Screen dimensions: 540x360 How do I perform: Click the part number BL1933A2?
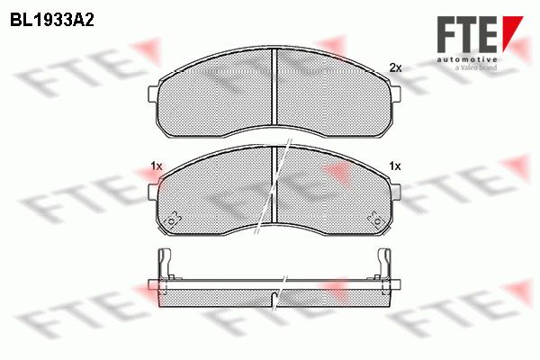51,21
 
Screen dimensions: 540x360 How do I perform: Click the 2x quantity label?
395,67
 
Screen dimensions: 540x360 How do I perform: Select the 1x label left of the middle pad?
156,166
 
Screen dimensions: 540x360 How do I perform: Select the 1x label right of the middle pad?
395,166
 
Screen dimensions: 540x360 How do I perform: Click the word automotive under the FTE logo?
467,59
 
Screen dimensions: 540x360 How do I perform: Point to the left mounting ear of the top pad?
153,94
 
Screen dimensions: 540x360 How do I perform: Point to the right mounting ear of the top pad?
396,94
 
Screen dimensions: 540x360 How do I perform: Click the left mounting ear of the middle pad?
153,192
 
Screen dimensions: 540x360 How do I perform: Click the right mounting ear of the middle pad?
396,192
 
